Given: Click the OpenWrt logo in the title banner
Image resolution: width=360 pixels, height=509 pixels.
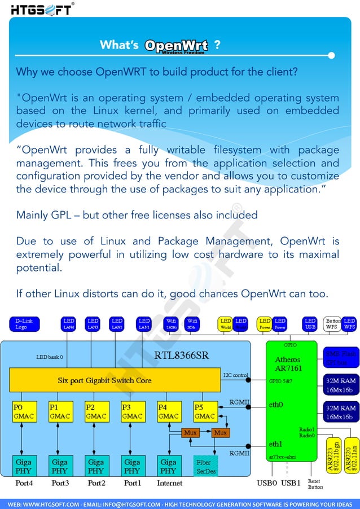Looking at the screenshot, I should point(176,46).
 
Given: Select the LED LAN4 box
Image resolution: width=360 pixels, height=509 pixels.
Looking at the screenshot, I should point(69,324).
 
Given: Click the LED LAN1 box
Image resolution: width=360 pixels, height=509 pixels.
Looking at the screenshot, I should point(144,324).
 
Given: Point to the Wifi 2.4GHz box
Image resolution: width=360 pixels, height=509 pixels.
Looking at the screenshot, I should point(172,324).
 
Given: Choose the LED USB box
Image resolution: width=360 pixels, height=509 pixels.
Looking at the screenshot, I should point(309,324).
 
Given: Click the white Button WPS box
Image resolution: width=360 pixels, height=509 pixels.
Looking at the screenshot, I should point(333,324).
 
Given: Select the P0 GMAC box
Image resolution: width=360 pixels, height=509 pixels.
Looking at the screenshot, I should point(22,411).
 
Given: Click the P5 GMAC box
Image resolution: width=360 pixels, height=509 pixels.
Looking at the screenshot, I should point(205,411).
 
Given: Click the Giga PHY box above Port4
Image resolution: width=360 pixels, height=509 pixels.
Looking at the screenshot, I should point(23,466).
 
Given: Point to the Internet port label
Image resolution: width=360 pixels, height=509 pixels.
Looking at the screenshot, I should point(169,484).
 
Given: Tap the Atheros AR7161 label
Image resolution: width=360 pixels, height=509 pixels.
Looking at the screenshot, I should point(288,364).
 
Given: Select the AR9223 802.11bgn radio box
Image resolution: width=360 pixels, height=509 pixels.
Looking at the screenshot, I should point(334,453).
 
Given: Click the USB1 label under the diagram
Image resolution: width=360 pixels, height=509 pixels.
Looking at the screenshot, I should point(291,484).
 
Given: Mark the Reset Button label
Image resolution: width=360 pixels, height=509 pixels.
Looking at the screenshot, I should point(315,484).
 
